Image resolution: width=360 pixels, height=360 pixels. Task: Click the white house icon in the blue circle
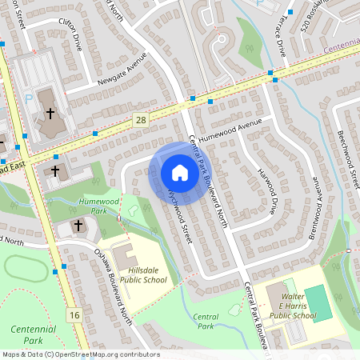click(x=180, y=172)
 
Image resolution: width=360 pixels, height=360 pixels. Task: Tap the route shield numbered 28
click(x=141, y=119)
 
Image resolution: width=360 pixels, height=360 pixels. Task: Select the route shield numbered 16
click(x=74, y=315)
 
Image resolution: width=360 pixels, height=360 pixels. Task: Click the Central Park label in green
click(x=206, y=321)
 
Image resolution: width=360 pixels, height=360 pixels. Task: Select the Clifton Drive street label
click(x=66, y=31)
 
